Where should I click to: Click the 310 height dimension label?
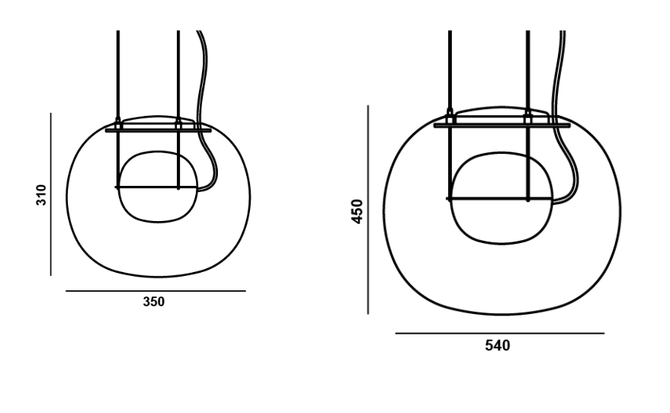click(41, 195)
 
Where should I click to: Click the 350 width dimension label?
click(153, 302)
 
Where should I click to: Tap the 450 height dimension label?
click(357, 211)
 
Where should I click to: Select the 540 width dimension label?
click(498, 345)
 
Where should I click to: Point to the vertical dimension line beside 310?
click(51, 194)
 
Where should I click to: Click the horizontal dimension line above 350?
click(155, 291)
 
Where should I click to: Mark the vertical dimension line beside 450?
click(368, 210)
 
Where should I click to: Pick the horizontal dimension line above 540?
click(500, 333)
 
